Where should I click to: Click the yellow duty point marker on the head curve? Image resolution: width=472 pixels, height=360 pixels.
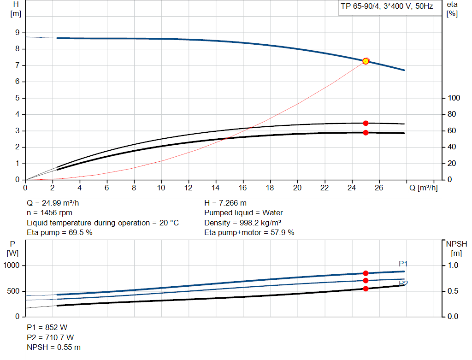pyautogui.click(x=366, y=61)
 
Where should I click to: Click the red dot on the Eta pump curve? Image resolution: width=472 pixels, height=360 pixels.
pyautogui.click(x=366, y=123)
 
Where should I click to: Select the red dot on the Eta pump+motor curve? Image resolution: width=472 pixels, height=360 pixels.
pyautogui.click(x=366, y=133)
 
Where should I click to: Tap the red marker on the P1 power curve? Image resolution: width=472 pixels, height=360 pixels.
pyautogui.click(x=366, y=273)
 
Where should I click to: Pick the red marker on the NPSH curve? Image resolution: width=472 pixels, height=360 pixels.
pyautogui.click(x=366, y=289)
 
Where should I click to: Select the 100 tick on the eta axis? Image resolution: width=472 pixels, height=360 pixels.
pyautogui.click(x=454, y=98)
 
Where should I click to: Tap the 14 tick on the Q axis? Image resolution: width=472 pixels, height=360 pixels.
pyautogui.click(x=216, y=188)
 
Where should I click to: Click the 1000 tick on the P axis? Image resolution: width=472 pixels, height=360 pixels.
pyautogui.click(x=12, y=266)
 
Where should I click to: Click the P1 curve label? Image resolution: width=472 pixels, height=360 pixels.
pyautogui.click(x=403, y=264)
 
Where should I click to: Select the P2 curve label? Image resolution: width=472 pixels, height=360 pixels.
pyautogui.click(x=403, y=283)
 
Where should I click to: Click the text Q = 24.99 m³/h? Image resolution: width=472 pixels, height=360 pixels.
pyautogui.click(x=56, y=203)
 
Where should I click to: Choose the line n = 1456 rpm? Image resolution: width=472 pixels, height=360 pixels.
pyautogui.click(x=49, y=213)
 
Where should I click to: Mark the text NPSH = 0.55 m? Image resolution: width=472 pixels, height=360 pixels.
pyautogui.click(x=53, y=347)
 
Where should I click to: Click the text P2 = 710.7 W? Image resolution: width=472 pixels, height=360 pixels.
pyautogui.click(x=50, y=337)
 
